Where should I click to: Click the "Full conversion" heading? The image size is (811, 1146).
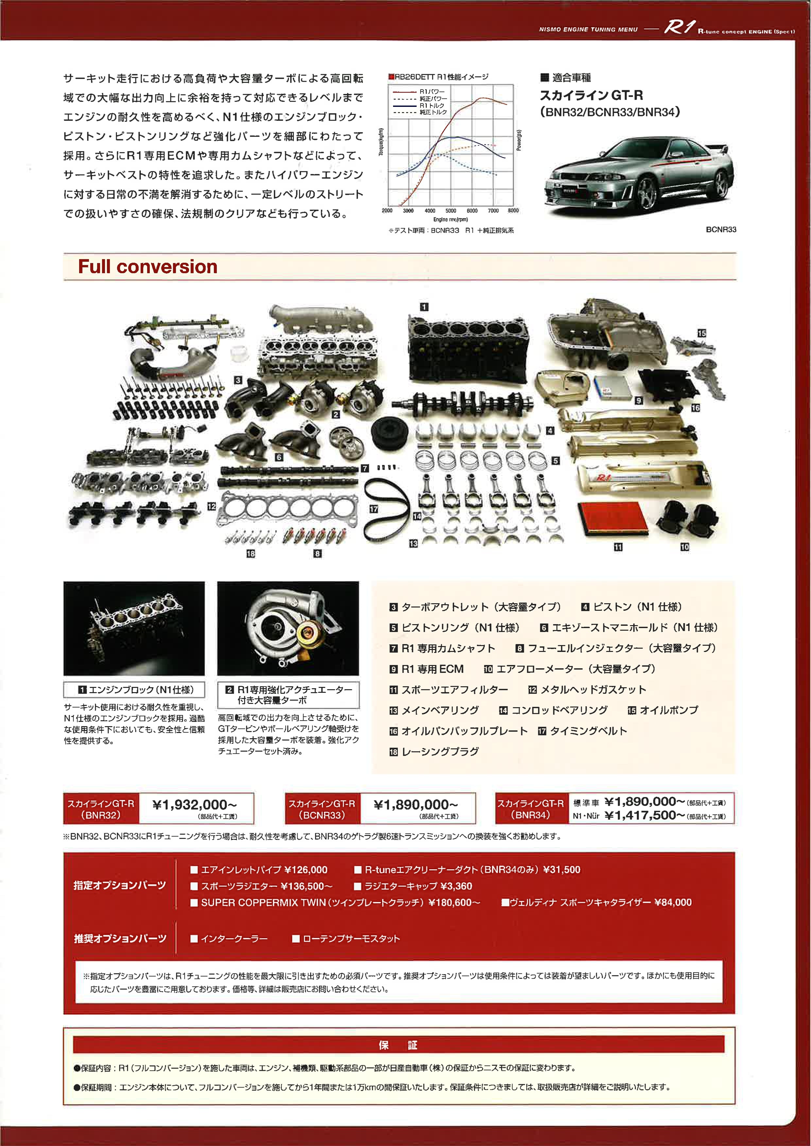[148, 267]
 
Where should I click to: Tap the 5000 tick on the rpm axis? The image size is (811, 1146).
[450, 211]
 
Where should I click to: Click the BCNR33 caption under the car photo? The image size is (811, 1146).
[721, 230]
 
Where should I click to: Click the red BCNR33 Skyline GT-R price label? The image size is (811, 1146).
[322, 808]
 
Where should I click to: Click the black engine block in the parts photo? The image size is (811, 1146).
[468, 349]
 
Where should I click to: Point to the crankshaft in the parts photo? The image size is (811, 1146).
[462, 402]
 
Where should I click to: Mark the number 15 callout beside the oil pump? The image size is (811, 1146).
[702, 333]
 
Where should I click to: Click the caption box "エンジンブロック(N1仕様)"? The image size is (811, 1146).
[135, 690]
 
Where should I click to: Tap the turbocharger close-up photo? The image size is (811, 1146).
[288, 628]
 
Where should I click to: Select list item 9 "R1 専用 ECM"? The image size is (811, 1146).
[427, 669]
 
